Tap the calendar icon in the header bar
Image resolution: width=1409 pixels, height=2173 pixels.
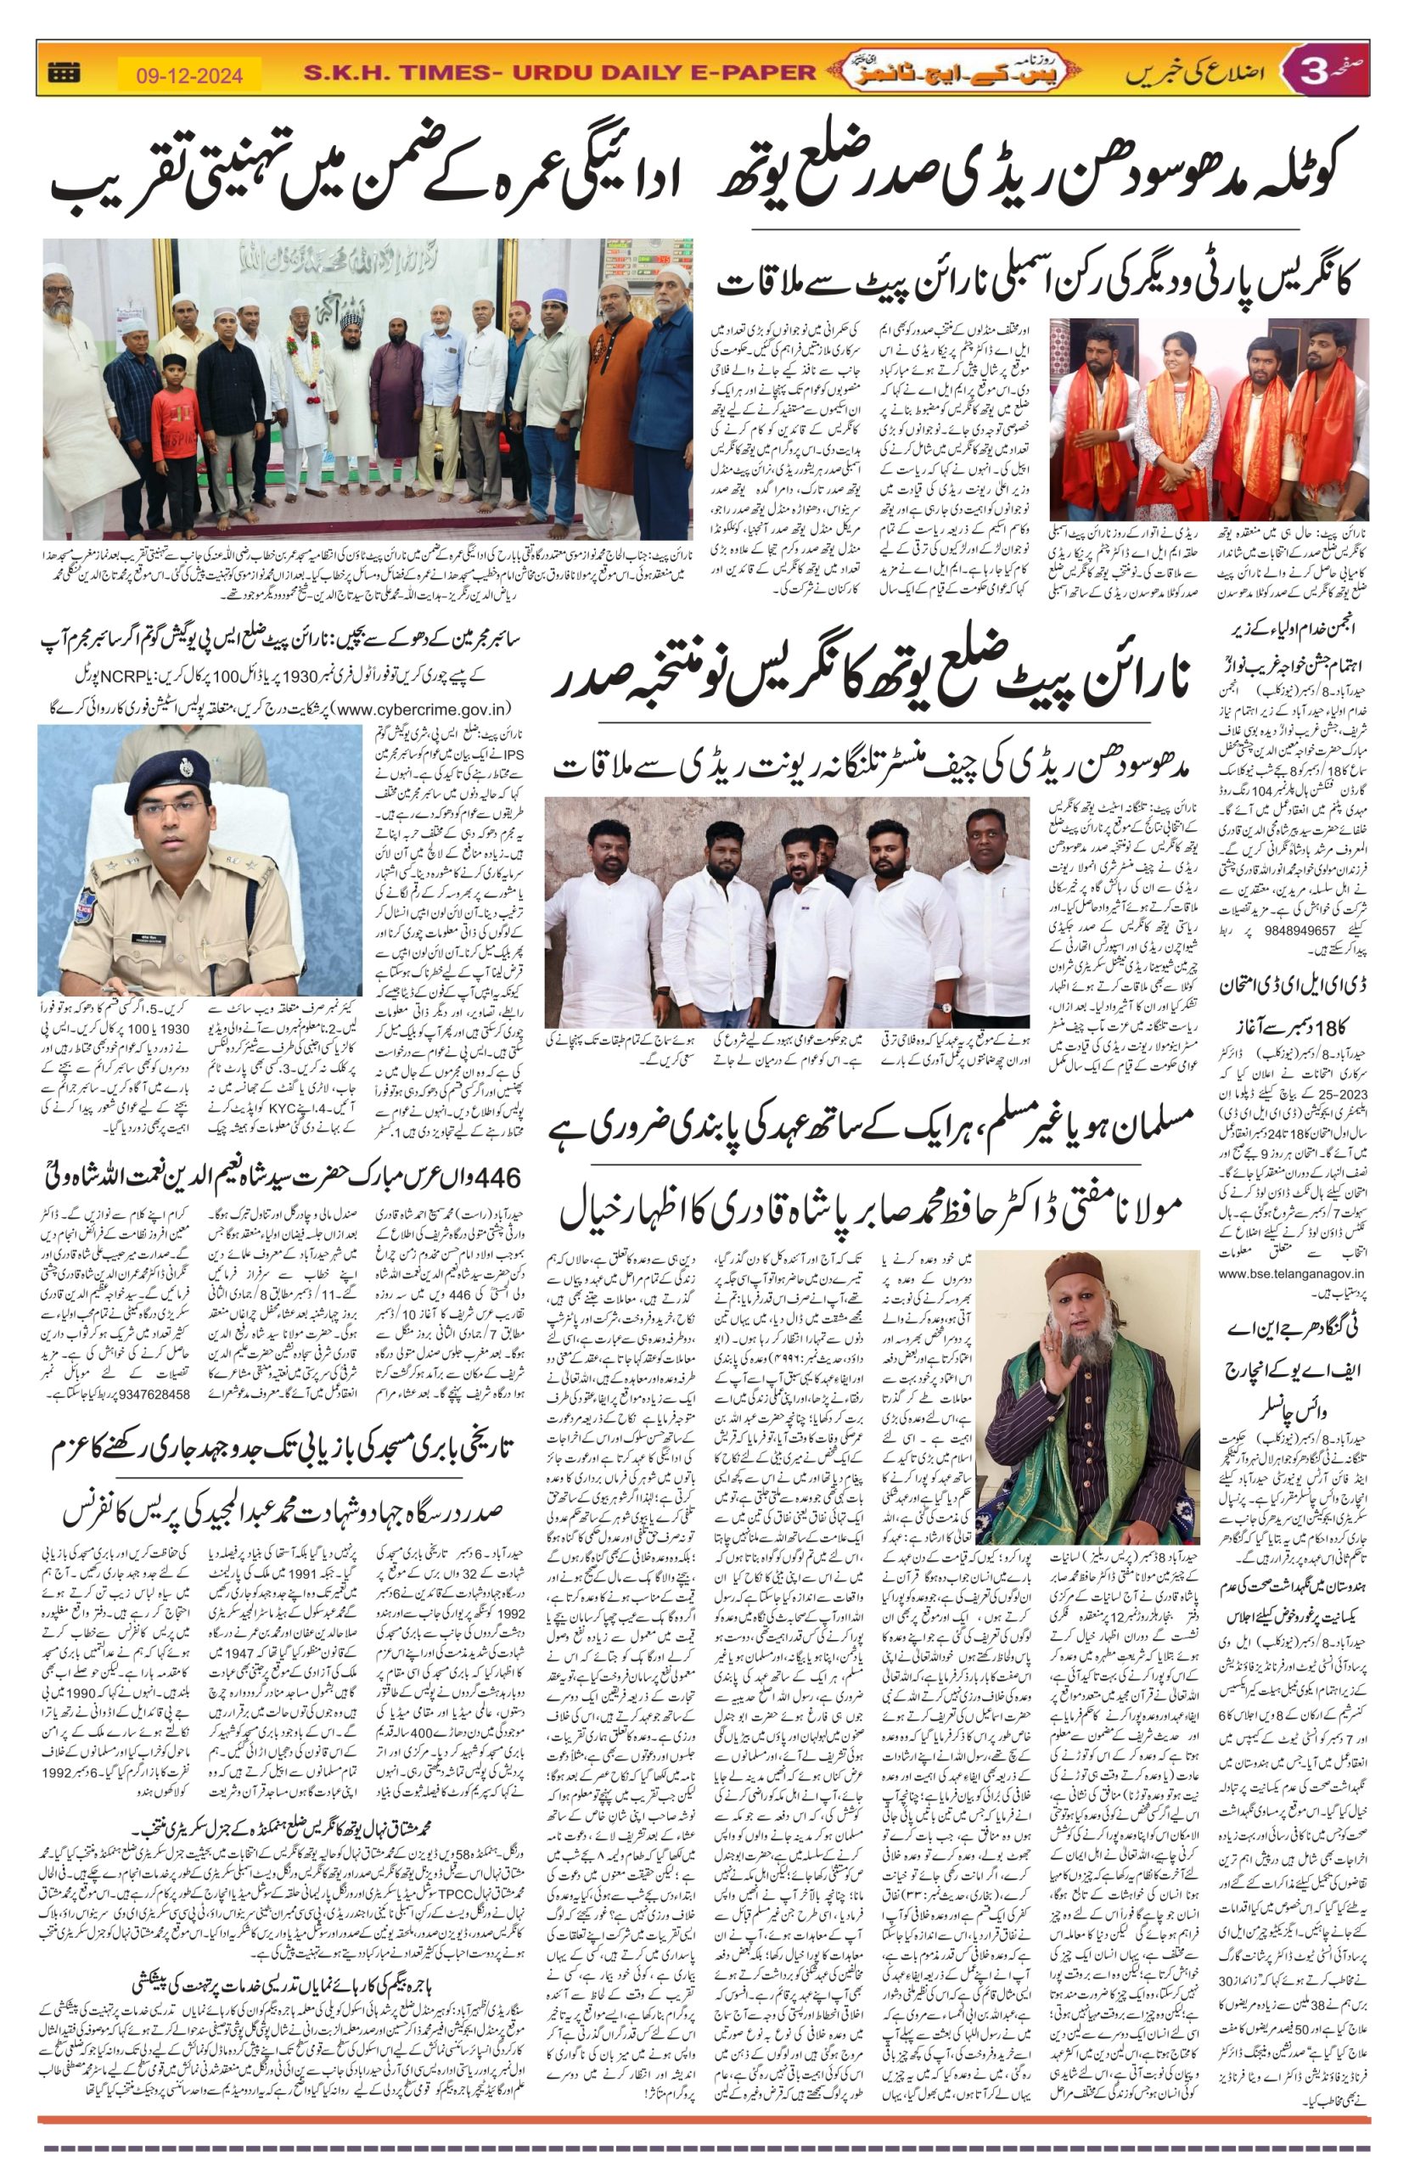click(64, 72)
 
